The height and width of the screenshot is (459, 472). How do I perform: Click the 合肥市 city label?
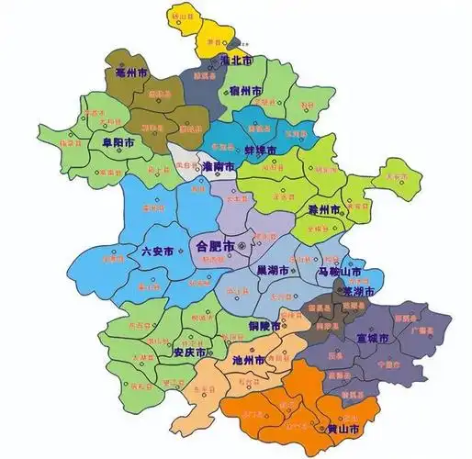click(x=215, y=246)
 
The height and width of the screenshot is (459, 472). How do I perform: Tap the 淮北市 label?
click(x=238, y=60)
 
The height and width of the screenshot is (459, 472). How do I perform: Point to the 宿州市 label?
click(x=246, y=91)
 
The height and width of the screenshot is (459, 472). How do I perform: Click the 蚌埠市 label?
click(x=237, y=149)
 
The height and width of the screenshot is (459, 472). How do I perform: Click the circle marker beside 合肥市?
click(x=242, y=247)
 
